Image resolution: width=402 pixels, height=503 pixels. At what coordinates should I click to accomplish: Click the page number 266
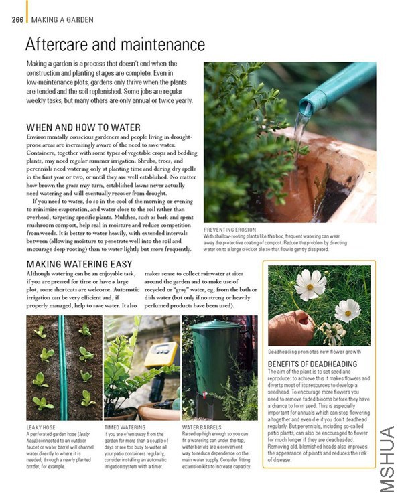[17, 19]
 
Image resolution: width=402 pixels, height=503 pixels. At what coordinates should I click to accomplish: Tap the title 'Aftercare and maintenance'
[115, 45]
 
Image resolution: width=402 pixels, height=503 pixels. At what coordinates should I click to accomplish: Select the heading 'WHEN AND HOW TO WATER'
[83, 127]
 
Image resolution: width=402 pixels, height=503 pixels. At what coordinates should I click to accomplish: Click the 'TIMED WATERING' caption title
[125, 426]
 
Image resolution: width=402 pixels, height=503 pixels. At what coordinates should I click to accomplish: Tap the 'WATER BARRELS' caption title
[203, 426]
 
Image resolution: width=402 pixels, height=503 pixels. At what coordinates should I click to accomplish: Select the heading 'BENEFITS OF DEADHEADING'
[313, 364]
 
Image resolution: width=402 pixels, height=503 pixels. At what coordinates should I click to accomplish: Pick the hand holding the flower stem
[290, 328]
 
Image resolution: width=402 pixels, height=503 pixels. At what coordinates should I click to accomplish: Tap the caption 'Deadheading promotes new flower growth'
[315, 351]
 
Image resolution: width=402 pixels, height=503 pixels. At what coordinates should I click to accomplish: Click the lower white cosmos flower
[347, 311]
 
